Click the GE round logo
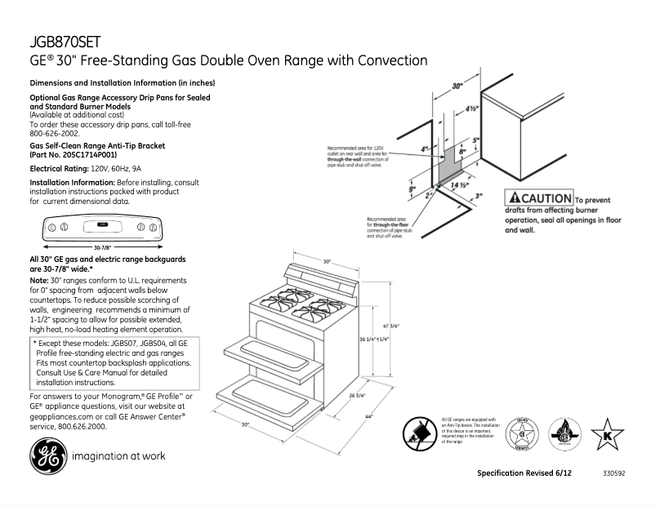point(47,455)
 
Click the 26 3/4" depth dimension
point(356,397)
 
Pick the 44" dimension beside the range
point(369,418)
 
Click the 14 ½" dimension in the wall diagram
point(458,185)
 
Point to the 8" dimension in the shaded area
point(461,152)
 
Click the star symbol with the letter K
point(607,433)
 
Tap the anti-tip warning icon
point(421,432)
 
